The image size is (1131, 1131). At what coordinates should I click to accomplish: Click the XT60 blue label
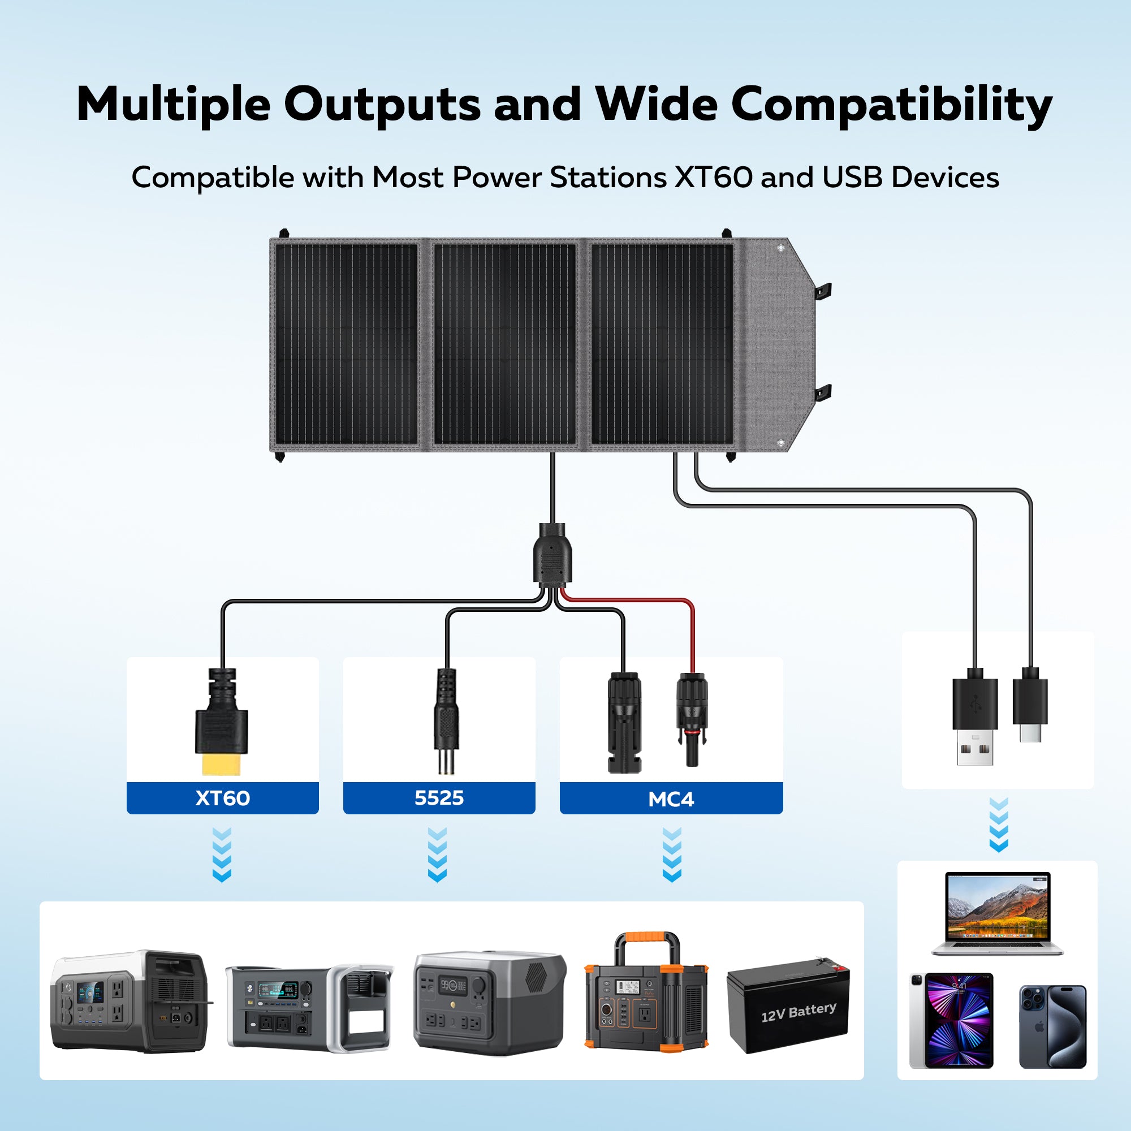pyautogui.click(x=222, y=798)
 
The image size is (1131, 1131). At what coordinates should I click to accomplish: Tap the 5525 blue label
pyautogui.click(x=439, y=798)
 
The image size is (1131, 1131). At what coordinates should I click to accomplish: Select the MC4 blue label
pyautogui.click(x=671, y=798)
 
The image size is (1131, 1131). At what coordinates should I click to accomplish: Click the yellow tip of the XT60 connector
pyautogui.click(x=221, y=765)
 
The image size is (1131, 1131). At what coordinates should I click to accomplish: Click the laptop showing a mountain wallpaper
pyautogui.click(x=997, y=914)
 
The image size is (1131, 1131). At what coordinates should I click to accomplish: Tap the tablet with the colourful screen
pyautogui.click(x=951, y=1020)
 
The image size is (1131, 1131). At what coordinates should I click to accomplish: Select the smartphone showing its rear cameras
pyautogui.click(x=1052, y=1026)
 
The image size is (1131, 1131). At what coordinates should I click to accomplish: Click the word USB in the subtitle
pyautogui.click(x=852, y=178)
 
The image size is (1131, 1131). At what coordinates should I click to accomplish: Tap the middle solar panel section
pyautogui.click(x=504, y=344)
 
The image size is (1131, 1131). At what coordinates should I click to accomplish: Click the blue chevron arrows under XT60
pyautogui.click(x=222, y=854)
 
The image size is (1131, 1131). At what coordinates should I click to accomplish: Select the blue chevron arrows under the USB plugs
pyautogui.click(x=998, y=824)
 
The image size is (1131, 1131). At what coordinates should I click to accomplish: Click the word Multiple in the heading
pyautogui.click(x=173, y=105)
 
